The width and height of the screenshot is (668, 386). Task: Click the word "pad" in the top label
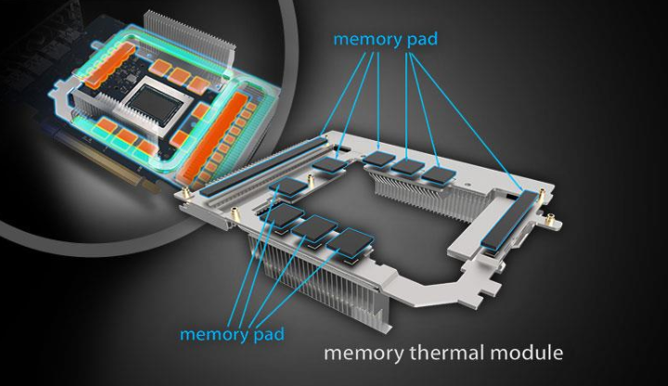coord(422,40)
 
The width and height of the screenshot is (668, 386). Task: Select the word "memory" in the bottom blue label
coord(214,334)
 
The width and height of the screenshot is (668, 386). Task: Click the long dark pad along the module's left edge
coord(261,165)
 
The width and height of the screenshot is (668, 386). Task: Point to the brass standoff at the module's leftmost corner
coord(187,194)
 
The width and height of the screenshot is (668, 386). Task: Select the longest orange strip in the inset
coord(208,137)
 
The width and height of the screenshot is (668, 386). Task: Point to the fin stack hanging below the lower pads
coord(320,281)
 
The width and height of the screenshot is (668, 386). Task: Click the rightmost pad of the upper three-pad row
coord(439,174)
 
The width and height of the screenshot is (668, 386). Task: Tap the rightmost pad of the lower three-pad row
coord(350,242)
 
